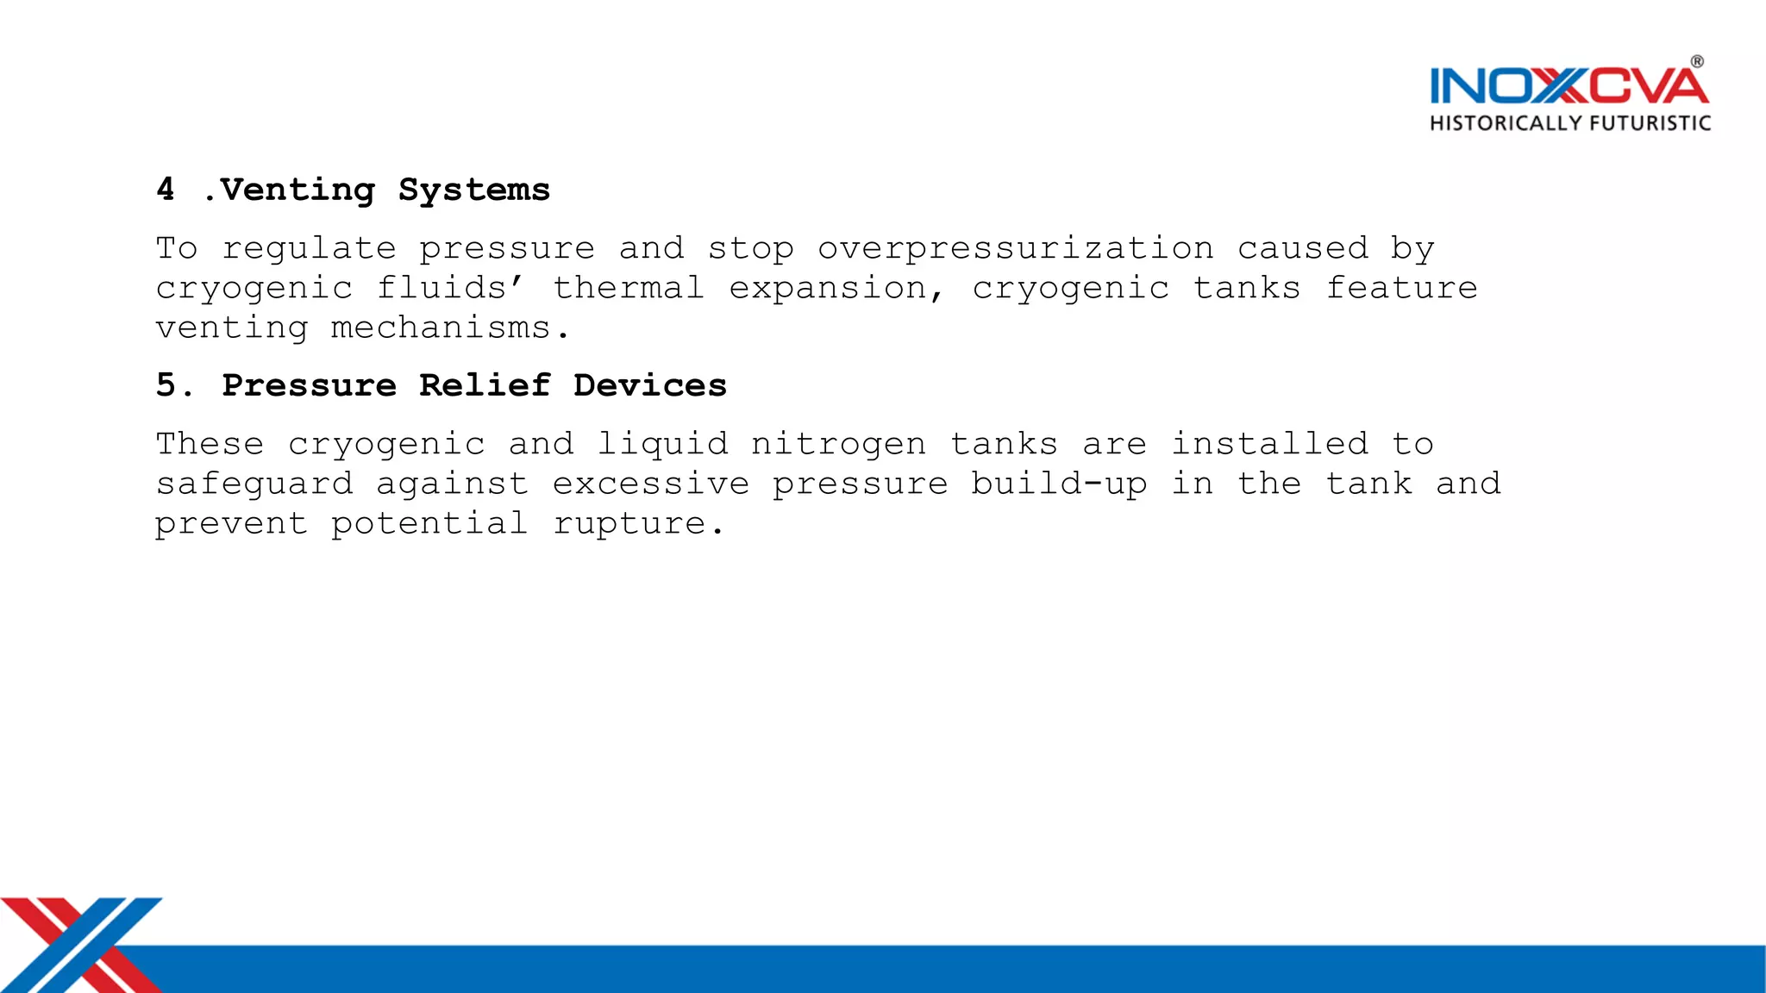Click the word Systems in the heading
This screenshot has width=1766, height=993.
tap(474, 190)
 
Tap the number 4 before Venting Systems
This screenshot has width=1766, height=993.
tap(166, 189)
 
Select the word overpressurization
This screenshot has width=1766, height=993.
tap(1016, 249)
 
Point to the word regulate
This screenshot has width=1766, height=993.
tap(310, 249)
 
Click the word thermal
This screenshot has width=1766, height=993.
tap(629, 288)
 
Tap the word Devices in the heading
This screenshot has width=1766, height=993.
tap(650, 385)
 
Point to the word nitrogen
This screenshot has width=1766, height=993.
tap(838, 445)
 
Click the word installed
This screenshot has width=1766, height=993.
tap(1269, 444)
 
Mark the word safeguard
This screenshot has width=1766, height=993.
tap(254, 484)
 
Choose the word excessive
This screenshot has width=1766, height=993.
tap(651, 484)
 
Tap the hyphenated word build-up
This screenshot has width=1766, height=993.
tap(1060, 484)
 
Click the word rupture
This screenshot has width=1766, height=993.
tap(638, 524)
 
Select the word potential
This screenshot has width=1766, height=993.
tap(429, 524)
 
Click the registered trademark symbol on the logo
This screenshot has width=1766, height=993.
tap(1697, 62)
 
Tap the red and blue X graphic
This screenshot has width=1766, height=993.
tap(82, 944)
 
